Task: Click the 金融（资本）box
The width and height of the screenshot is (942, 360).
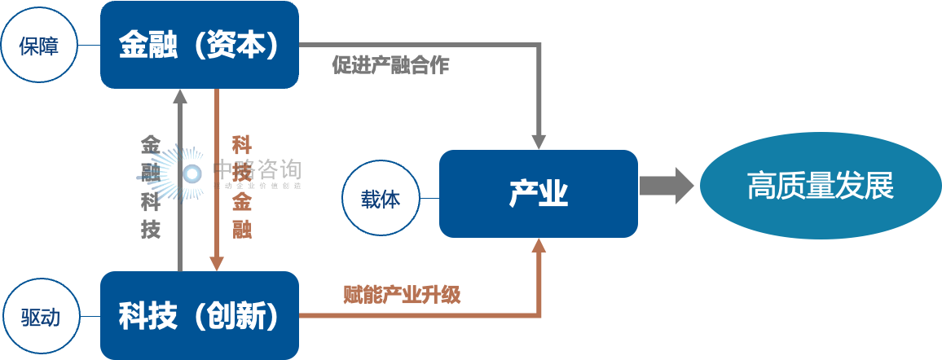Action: click(199, 44)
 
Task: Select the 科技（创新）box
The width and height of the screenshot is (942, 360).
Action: click(199, 315)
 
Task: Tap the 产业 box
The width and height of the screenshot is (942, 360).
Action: click(538, 194)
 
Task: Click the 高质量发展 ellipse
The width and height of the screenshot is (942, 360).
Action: click(820, 186)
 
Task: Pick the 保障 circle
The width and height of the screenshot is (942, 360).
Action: click(38, 45)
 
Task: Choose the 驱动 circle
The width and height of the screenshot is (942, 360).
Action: click(38, 316)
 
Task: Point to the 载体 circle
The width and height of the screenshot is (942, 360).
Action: click(381, 198)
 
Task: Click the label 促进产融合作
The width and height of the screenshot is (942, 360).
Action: click(390, 66)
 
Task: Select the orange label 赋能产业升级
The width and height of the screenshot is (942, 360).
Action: click(402, 294)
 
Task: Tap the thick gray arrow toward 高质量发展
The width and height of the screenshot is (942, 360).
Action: click(667, 186)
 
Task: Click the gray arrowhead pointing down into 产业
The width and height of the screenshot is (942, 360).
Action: click(538, 139)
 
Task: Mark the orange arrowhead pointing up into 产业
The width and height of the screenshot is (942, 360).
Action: click(538, 247)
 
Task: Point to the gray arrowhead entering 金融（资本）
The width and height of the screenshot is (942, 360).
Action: click(180, 96)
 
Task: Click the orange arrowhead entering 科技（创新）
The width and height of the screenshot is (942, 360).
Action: click(217, 262)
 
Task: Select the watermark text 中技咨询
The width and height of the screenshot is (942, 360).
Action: click(256, 169)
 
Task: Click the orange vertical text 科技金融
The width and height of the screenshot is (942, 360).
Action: click(241, 187)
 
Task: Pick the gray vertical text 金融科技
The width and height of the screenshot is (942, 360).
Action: click(151, 187)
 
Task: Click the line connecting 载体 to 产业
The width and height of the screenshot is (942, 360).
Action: click(430, 198)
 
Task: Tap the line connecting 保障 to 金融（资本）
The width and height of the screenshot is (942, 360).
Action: click(89, 45)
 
